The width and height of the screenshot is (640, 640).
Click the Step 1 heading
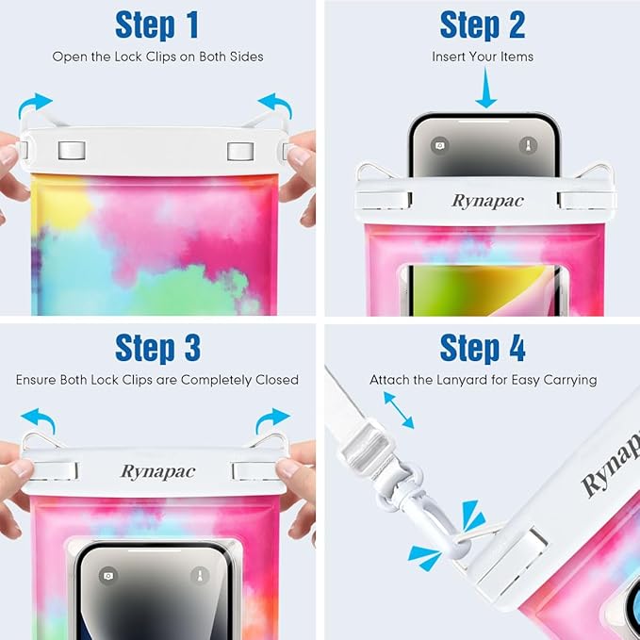coord(157,25)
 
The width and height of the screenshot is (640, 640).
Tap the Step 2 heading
coord(483,25)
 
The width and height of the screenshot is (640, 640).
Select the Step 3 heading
coord(157,348)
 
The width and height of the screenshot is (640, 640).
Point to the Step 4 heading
coord(483,348)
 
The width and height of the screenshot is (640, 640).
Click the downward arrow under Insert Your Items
coord(485,88)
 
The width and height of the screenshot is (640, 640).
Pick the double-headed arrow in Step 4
coord(399,410)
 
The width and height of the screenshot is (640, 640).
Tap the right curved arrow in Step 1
coord(276,105)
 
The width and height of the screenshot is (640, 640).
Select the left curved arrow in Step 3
coord(39,419)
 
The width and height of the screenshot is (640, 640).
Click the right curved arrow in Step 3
coord(271,419)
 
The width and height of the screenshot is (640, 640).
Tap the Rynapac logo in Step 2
coord(487,201)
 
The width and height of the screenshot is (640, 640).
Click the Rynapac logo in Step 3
coord(158,472)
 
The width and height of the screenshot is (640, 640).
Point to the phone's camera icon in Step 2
coord(439,145)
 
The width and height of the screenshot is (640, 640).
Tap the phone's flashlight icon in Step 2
coord(528,145)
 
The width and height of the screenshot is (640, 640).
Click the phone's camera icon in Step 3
coord(108,576)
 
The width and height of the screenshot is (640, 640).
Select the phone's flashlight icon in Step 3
coord(200,576)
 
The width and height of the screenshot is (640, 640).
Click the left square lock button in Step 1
coord(72,151)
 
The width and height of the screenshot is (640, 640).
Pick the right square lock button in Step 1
coord(240,151)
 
